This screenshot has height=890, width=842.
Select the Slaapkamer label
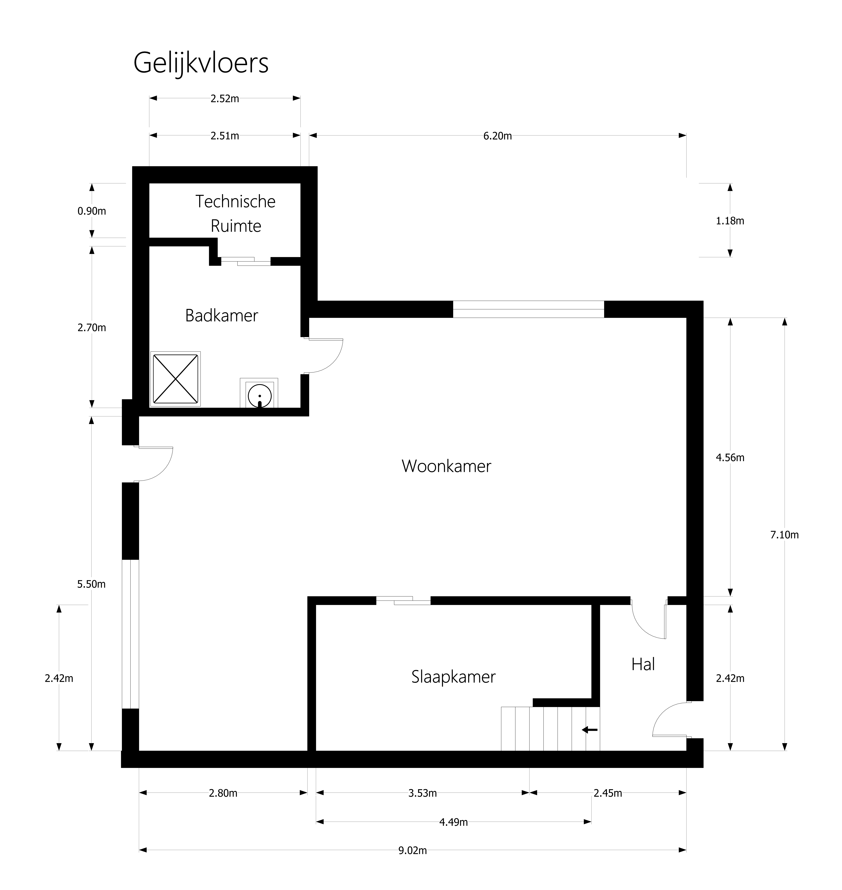[453, 677]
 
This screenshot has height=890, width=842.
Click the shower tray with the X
[175, 379]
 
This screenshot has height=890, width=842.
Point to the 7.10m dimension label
[785, 535]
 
